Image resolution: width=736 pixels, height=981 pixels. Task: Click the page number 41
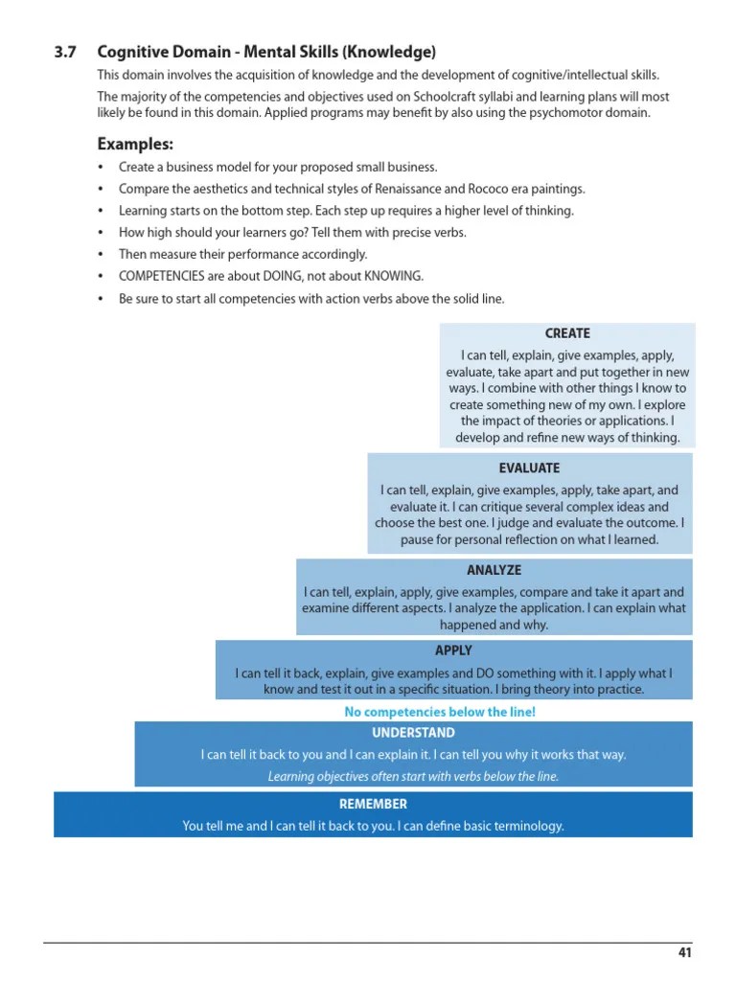tap(684, 952)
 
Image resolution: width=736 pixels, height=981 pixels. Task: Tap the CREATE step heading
tap(567, 333)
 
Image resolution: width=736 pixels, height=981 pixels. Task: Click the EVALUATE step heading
tap(529, 468)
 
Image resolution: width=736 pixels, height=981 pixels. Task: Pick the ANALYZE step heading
tap(494, 571)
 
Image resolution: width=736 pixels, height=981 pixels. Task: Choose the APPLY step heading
tap(453, 650)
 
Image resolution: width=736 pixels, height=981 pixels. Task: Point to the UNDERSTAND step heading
tap(413, 733)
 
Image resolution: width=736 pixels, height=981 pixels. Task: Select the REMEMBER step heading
tap(373, 804)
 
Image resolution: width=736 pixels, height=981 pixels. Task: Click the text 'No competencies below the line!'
tap(440, 712)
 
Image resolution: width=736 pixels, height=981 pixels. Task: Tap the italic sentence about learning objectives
tap(413, 777)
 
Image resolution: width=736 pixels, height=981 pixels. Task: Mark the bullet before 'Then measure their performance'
tap(101, 255)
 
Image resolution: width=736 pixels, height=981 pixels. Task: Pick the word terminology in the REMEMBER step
tap(525, 826)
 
